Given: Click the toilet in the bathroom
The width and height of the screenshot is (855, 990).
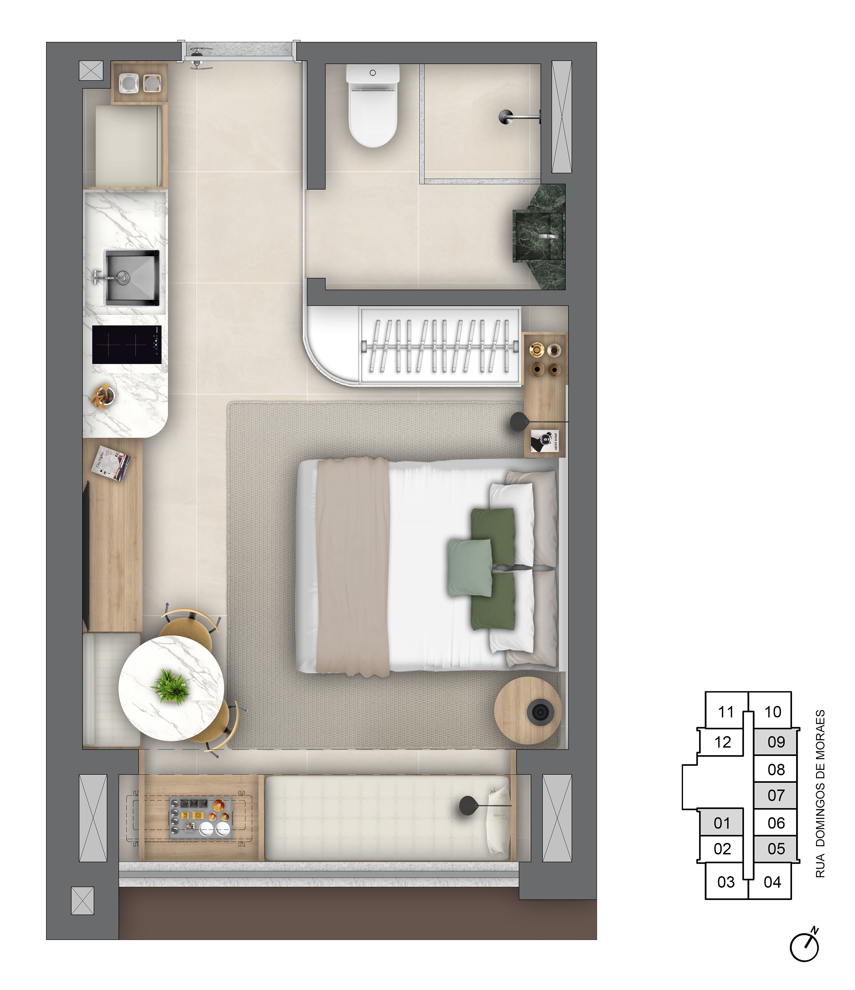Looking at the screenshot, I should point(373,108).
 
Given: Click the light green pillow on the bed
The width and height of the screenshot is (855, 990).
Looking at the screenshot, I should point(470,568).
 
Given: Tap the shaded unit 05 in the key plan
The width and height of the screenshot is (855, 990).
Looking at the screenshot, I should point(776,849).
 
